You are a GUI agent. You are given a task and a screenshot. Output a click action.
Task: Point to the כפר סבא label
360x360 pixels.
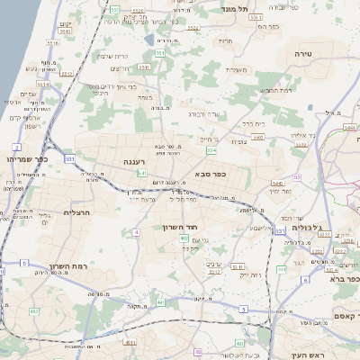click(x=210, y=174)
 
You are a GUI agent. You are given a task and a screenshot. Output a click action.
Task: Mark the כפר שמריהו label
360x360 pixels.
click(x=21, y=157)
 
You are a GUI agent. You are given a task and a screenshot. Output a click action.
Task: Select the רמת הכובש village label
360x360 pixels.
click(x=275, y=90)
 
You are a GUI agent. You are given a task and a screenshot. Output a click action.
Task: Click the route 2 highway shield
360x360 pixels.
click(x=16, y=146)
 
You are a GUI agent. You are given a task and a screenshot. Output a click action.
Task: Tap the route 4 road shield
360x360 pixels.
click(x=136, y=232)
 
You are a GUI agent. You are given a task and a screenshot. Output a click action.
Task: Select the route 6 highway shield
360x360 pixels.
click(x=305, y=280)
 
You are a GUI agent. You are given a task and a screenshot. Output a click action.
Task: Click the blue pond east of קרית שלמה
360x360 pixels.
click(x=148, y=40)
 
